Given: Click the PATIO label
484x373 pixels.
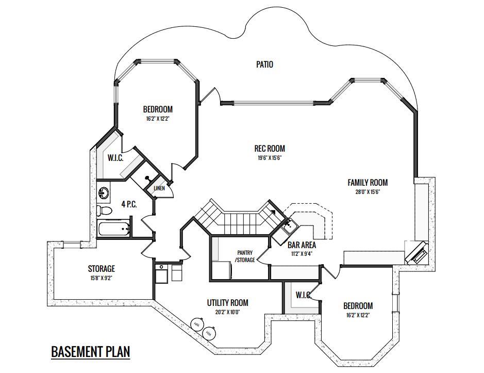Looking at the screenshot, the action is click(x=264, y=64).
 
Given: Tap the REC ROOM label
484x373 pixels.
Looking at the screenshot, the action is click(x=270, y=149).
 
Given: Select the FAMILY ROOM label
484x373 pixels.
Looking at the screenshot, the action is click(x=368, y=182).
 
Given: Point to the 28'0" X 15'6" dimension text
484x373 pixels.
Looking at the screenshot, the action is click(x=368, y=191).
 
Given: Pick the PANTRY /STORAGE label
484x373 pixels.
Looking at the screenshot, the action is click(x=245, y=256).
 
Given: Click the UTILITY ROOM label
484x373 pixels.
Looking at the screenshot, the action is click(x=227, y=302).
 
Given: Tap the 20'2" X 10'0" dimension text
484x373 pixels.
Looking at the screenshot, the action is click(x=228, y=312).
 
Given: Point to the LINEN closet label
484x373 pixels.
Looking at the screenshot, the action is click(x=159, y=188).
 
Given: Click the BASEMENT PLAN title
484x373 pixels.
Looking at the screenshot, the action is click(x=90, y=352).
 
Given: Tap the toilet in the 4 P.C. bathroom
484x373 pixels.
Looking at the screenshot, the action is click(x=104, y=211).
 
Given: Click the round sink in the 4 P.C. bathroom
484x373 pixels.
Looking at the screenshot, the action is click(x=104, y=193).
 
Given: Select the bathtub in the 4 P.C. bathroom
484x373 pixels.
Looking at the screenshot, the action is click(x=113, y=229).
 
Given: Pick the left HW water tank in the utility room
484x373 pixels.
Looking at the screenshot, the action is click(x=197, y=323).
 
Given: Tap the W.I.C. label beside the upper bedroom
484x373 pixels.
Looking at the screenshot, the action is click(x=115, y=158).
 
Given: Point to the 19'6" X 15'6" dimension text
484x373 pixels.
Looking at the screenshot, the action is click(x=270, y=158).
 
